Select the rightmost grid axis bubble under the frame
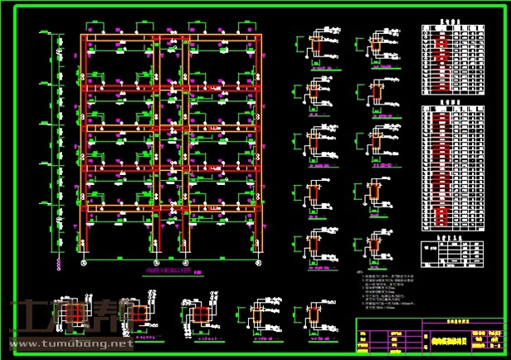tap(256, 262)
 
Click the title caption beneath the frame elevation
tap(170, 270)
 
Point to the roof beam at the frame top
tap(170, 38)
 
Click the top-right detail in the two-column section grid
tap(375, 46)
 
